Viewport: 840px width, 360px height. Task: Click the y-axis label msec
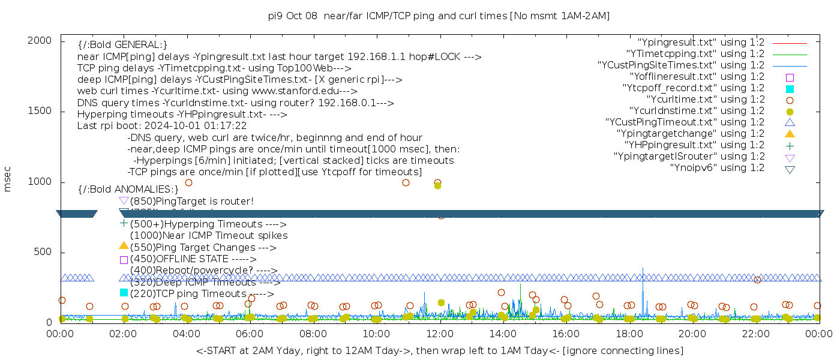tap(8, 179)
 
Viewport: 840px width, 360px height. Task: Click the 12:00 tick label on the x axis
tap(440, 334)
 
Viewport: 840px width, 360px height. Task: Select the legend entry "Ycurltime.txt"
tap(705, 100)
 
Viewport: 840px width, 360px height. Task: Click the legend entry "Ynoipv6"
tap(717, 168)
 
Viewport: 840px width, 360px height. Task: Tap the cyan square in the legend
tap(790, 89)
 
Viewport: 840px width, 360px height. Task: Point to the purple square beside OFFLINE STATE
tap(124, 259)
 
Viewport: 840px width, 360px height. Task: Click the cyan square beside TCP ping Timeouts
tap(124, 292)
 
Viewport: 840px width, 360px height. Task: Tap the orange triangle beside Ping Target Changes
tap(124, 245)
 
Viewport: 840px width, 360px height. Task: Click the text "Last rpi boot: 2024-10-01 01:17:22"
tap(162, 126)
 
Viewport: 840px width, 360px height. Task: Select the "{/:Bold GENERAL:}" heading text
tap(122, 45)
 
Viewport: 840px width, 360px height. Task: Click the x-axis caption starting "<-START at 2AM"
tap(439, 350)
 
